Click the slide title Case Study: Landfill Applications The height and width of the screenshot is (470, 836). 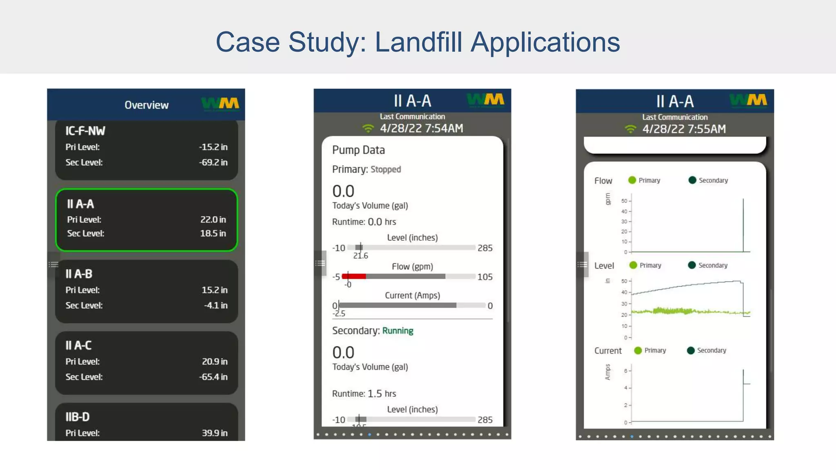click(x=418, y=42)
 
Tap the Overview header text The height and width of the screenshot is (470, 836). click(x=146, y=105)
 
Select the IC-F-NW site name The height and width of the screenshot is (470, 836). click(x=85, y=131)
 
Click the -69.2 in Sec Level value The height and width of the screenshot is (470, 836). click(x=213, y=162)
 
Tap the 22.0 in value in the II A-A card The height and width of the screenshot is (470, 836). click(x=213, y=219)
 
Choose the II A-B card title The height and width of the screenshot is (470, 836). click(x=79, y=274)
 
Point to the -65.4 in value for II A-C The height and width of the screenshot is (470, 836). click(x=213, y=377)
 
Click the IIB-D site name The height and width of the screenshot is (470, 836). click(x=78, y=417)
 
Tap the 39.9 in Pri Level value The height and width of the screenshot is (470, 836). click(x=214, y=433)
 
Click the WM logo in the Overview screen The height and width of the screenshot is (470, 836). click(x=220, y=104)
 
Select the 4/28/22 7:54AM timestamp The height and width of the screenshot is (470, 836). click(x=421, y=129)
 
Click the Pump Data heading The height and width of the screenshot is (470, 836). click(x=358, y=150)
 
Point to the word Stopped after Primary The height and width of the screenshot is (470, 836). click(x=385, y=169)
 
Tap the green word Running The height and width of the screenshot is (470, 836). click(x=398, y=331)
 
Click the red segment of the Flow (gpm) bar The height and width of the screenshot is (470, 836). click(x=354, y=277)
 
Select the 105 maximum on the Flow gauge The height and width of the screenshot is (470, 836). click(x=485, y=277)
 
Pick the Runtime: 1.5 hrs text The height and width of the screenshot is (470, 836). click(x=364, y=394)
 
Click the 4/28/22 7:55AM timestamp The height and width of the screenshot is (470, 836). click(x=684, y=129)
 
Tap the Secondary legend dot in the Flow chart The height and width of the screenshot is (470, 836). click(x=692, y=180)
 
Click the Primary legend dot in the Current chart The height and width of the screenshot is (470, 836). click(x=638, y=350)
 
